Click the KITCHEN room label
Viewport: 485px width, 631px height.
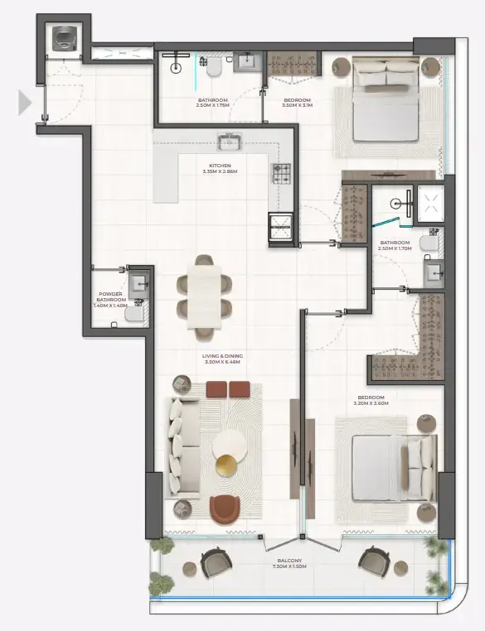pyautogui.click(x=220, y=165)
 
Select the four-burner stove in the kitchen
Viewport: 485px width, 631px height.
pyautogui.click(x=282, y=172)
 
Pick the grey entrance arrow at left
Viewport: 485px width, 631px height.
pyautogui.click(x=25, y=103)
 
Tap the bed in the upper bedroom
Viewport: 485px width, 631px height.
pyautogui.click(x=386, y=99)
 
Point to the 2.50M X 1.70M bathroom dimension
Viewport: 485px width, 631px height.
pyautogui.click(x=395, y=248)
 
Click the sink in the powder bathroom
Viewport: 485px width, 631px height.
pyautogui.click(x=138, y=280)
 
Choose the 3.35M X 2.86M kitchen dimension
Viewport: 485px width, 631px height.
pyautogui.click(x=220, y=171)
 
